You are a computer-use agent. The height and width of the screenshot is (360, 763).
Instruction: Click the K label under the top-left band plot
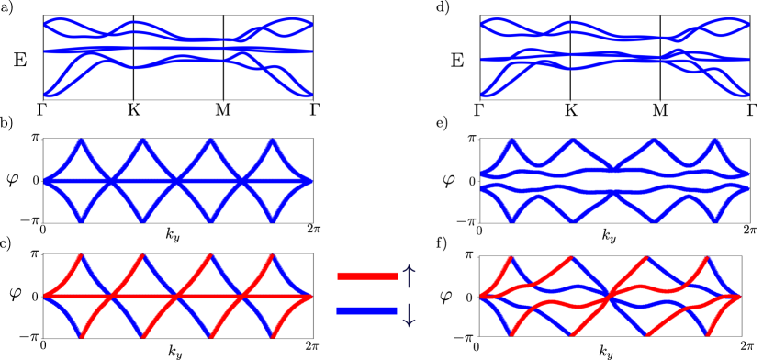pos(134,108)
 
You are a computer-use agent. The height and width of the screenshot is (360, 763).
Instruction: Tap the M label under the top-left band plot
pos(223,108)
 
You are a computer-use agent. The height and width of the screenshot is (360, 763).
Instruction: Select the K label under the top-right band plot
pos(570,108)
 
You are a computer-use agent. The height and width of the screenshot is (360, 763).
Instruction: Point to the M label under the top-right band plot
pos(660,108)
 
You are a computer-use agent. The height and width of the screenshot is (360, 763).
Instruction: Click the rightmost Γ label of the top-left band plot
pos(315,108)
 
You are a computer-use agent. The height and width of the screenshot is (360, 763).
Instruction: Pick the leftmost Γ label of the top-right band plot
pos(479,108)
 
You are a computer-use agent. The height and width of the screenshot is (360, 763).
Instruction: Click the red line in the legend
pos(367,276)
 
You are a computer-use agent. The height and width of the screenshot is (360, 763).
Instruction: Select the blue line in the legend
pos(367,310)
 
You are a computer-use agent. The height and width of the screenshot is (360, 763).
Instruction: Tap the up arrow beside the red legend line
pos(410,275)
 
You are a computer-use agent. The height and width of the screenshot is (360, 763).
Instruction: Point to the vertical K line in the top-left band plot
pos(134,56)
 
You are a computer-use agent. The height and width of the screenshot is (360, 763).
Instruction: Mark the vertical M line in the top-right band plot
pos(660,56)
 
